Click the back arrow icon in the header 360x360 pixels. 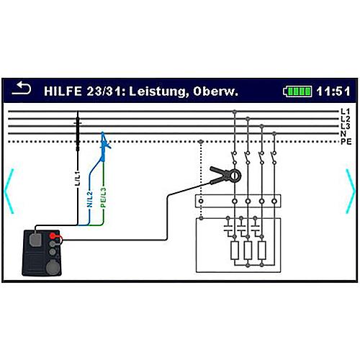[22, 88]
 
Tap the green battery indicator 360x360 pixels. [298, 91]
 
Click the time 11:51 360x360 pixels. [333, 91]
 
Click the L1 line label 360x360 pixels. [346, 112]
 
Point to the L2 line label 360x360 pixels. [346, 119]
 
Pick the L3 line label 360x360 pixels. [346, 126]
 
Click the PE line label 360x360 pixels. [346, 141]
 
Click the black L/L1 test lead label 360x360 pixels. [78, 179]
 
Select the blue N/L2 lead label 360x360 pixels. [89, 199]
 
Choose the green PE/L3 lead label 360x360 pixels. [103, 198]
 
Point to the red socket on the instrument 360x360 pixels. [53, 236]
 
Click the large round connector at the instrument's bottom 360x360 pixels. [53, 267]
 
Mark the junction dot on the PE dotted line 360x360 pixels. [201, 142]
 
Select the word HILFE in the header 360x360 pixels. [63, 91]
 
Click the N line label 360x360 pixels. [343, 134]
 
